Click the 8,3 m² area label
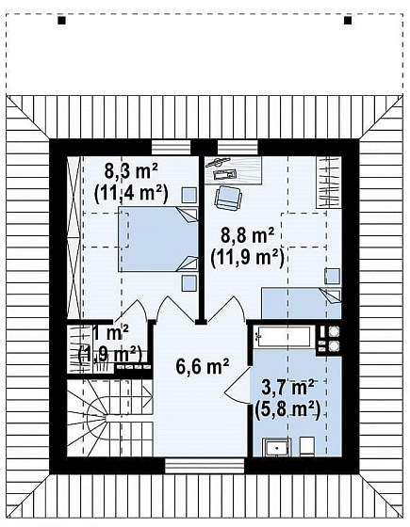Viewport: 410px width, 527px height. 131,171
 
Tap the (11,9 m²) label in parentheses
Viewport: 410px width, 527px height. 247,258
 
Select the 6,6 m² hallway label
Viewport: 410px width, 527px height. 203,366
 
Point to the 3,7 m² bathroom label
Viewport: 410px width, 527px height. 287,387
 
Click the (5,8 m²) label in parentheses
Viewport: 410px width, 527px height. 287,409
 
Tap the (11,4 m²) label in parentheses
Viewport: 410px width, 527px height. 131,193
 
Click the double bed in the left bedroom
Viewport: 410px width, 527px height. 157,239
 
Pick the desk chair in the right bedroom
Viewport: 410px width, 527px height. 228,198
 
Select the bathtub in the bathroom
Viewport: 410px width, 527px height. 284,335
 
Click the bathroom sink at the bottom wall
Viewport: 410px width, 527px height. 277,448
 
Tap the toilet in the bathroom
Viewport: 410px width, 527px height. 307,447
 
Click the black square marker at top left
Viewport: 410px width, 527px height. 61,21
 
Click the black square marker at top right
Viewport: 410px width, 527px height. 348,21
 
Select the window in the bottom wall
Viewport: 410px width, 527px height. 205,466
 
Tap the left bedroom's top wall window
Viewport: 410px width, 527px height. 171,148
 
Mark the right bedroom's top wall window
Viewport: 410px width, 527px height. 238,148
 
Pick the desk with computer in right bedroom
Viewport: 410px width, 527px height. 234,170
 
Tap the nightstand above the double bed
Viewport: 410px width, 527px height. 189,196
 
